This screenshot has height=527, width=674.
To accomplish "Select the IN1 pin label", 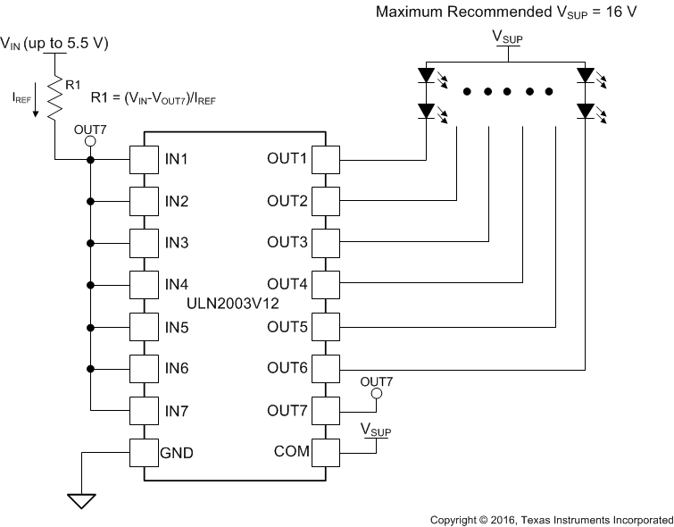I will [176, 160].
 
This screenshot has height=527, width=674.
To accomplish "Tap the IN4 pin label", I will [176, 285].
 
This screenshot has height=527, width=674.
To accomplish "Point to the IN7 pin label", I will [176, 410].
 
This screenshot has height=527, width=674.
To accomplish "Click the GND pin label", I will [179, 452].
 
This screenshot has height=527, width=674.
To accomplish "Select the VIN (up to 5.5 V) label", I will [54, 42].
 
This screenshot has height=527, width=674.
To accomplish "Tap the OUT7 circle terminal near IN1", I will [89, 141].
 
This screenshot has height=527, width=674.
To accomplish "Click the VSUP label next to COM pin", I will [377, 431].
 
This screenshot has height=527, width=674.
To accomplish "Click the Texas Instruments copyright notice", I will [551, 519].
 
